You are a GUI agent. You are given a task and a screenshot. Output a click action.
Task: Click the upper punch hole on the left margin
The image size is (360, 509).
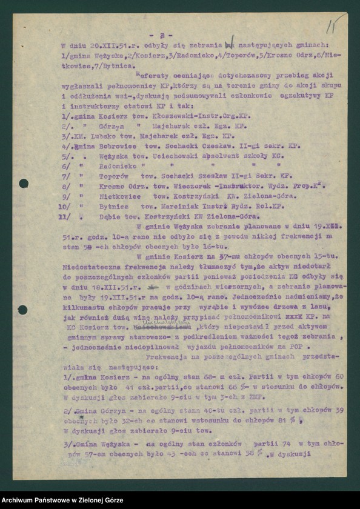24,183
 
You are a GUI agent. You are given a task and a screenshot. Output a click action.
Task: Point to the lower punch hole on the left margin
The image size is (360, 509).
22,310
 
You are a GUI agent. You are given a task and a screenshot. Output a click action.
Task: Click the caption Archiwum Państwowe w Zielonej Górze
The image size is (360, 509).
62,501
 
